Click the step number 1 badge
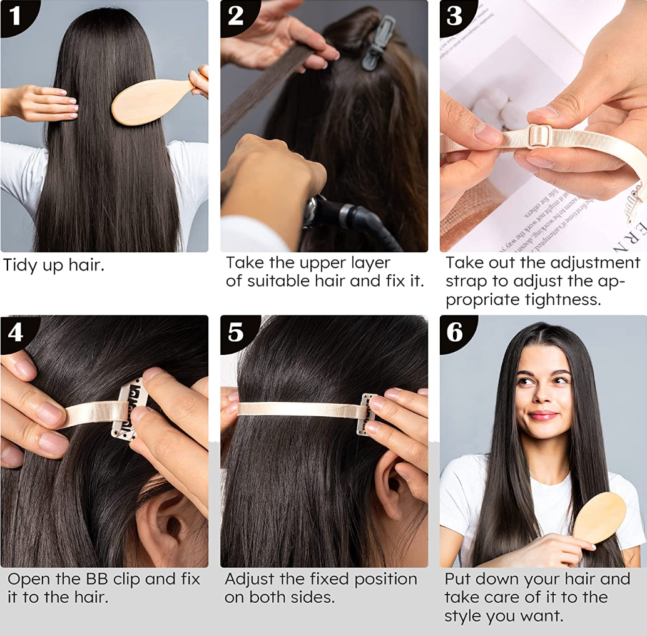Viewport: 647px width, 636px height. pos(16,16)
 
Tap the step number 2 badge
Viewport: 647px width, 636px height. pos(237,16)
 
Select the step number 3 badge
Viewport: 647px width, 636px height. pos(456,16)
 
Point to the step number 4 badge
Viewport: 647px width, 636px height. pos(16,332)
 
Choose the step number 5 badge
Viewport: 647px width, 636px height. pos(237,332)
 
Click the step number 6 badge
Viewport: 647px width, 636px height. pos(456,332)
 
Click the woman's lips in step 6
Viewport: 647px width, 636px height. pos(543,416)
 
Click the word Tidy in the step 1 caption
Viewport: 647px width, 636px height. pos(20,265)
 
